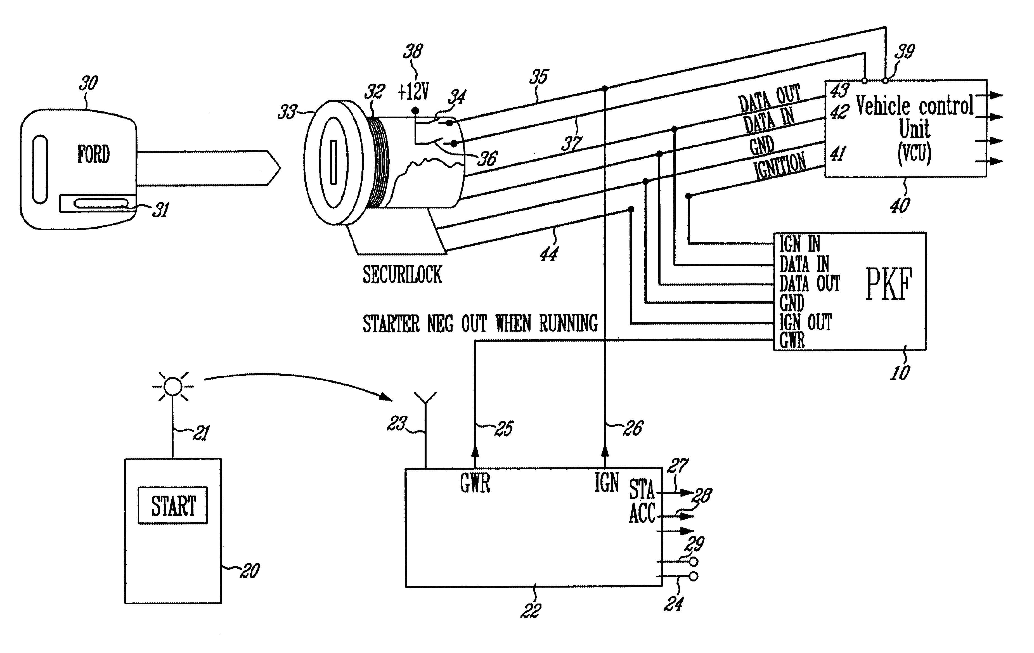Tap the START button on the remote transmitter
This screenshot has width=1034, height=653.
[173, 505]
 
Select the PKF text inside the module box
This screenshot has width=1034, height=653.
[888, 285]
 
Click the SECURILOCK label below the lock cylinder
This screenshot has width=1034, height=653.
[402, 275]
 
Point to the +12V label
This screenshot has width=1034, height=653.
[413, 91]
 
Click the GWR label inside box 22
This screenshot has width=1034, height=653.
[475, 483]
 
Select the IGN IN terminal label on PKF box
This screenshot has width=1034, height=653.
[799, 244]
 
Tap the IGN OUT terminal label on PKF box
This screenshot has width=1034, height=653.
[806, 322]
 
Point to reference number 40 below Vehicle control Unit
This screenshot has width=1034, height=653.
[900, 205]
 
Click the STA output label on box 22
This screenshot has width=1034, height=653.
[642, 489]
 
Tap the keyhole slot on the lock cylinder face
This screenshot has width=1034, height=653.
[333, 162]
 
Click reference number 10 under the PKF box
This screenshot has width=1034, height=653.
[900, 372]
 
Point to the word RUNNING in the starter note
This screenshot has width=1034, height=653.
[568, 324]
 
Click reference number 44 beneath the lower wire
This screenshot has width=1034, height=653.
[549, 254]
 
